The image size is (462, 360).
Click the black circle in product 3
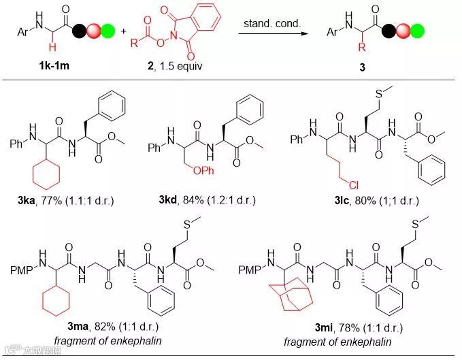click(x=389, y=31)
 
